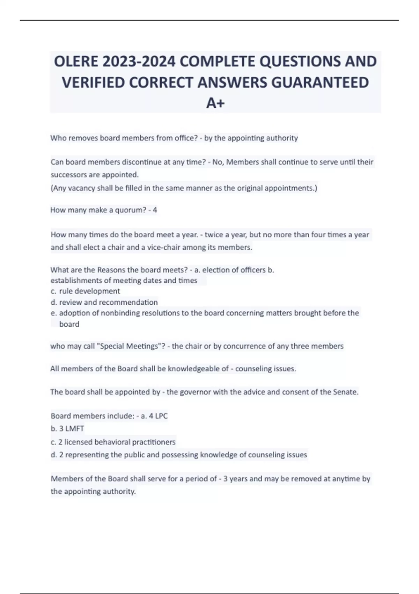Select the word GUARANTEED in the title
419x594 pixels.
320,82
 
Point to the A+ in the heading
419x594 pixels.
215,103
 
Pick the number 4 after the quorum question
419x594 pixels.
155,210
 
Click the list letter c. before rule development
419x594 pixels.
53,291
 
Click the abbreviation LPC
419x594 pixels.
161,416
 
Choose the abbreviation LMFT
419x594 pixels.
74,429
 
